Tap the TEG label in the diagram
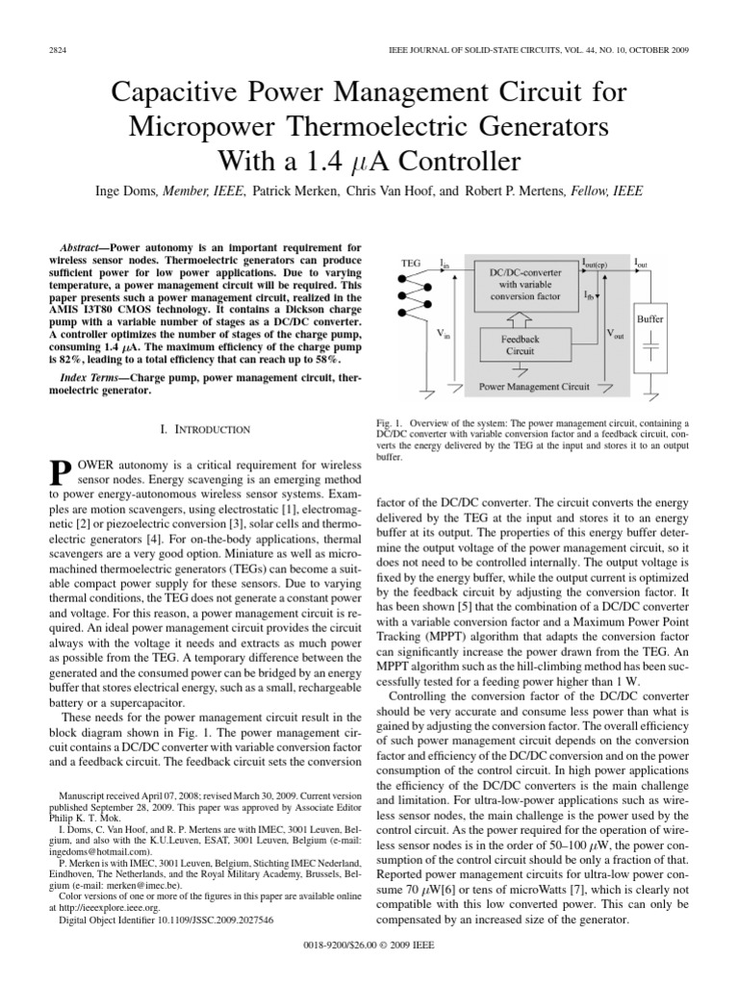point(410,263)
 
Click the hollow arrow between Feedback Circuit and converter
point(521,316)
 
